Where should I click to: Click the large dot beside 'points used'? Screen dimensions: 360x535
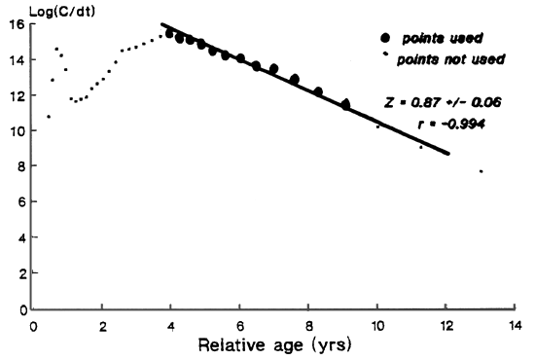(387, 38)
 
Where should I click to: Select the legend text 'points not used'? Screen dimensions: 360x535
(457, 59)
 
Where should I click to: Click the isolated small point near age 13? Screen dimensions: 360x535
(481, 171)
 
